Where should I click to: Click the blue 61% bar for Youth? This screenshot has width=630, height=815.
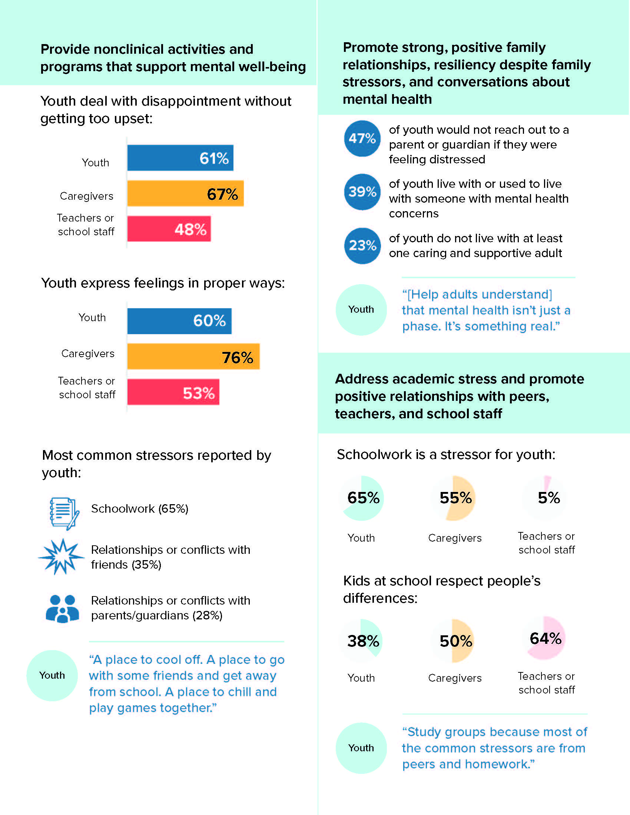point(180,158)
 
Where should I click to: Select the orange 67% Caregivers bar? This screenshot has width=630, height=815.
point(186,193)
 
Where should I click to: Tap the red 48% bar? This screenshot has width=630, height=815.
point(169,229)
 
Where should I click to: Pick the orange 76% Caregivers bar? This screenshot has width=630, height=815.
point(193,356)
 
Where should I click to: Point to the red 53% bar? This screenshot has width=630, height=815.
point(173,392)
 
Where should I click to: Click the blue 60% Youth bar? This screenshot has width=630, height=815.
point(179,321)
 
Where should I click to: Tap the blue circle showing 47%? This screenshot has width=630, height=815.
point(362,139)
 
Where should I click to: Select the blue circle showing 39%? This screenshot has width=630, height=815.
point(362,192)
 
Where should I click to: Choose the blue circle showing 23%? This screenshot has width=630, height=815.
point(362,246)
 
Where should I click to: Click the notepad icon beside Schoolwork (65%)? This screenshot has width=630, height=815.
point(64,513)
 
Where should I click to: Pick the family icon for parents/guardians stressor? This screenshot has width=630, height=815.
point(62,608)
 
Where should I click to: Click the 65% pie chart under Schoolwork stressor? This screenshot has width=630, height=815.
point(362,498)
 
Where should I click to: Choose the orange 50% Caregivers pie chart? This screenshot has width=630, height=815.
point(453,641)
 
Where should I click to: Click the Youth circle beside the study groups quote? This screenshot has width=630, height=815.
point(361,748)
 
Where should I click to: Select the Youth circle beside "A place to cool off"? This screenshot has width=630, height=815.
point(52,675)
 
